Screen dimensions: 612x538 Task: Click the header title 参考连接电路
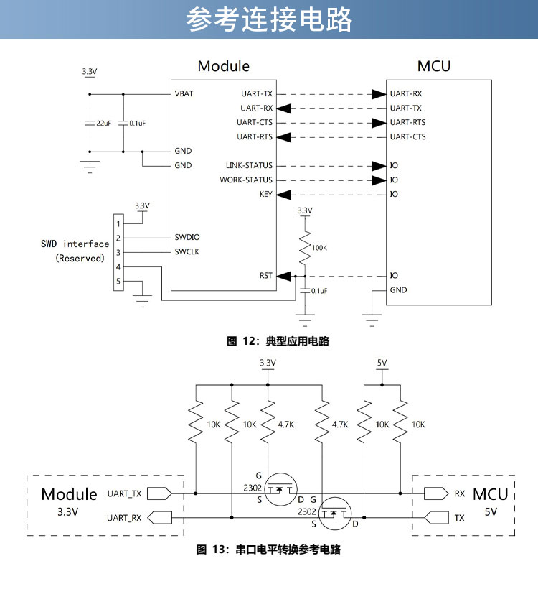[269, 20]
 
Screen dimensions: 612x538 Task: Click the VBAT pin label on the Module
[184, 93]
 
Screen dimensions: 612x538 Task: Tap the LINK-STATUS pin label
[249, 165]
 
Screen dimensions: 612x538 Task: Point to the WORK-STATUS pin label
[246, 180]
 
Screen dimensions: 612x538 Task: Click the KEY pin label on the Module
[265, 194]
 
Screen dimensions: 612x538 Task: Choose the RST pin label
[265, 276]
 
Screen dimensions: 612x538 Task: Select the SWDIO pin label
[187, 237]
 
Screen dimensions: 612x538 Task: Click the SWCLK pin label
[187, 252]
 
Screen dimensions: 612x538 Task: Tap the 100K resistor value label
[319, 247]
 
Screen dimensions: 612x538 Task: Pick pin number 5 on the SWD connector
[118, 282]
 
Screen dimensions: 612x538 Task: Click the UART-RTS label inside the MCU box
[407, 122]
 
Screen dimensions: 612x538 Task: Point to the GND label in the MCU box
[398, 290]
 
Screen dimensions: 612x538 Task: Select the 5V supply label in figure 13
[382, 363]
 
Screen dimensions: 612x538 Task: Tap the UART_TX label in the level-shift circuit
[125, 493]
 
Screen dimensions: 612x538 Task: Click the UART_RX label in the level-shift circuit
[125, 517]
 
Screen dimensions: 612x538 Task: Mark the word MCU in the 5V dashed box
[490, 494]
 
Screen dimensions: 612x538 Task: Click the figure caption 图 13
[268, 550]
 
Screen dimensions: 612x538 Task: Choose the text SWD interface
[75, 244]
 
